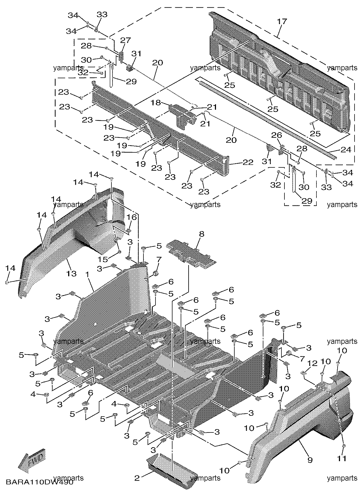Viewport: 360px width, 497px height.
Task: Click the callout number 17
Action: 282,21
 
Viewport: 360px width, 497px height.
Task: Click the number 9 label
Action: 310,460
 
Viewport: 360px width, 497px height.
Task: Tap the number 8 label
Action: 201,234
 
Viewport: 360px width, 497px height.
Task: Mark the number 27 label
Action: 126,40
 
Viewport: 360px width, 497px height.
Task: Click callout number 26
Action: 277,135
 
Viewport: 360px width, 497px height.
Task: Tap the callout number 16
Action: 132,217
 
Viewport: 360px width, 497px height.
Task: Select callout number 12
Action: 312,363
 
